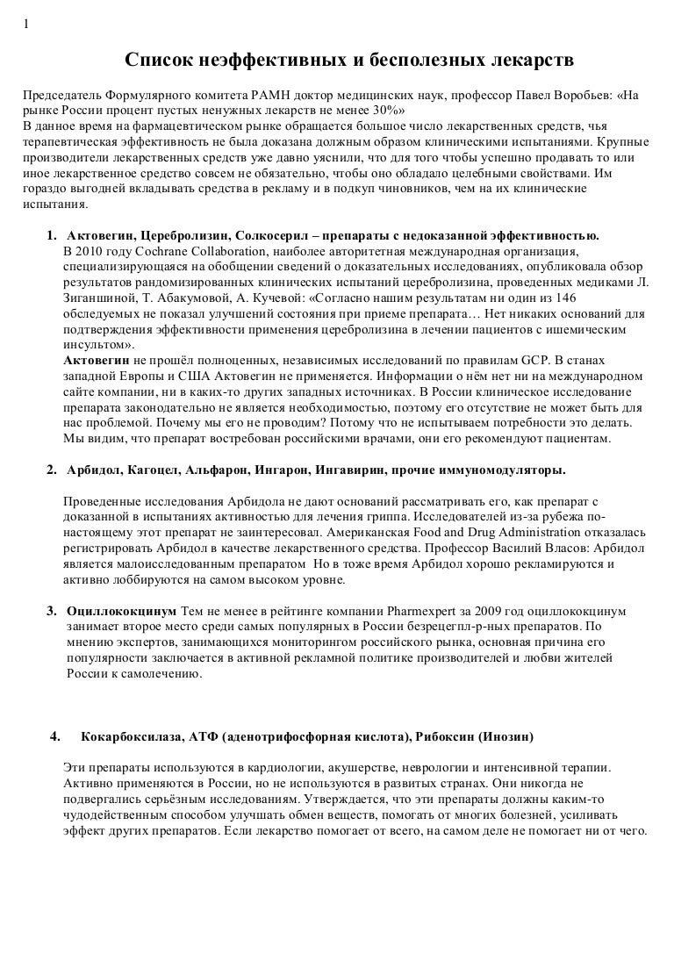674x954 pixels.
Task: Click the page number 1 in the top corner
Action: coord(25,24)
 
